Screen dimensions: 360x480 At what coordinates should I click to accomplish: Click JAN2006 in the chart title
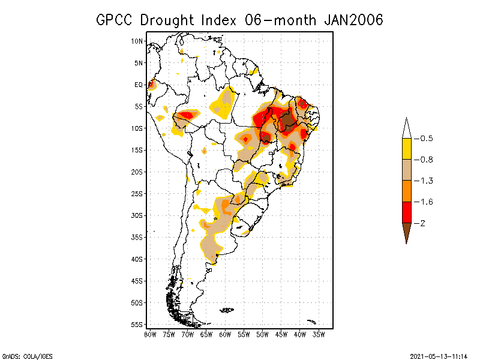pos(353,20)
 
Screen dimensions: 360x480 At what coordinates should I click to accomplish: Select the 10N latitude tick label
pos(137,41)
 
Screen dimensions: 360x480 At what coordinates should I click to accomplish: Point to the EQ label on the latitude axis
pos(139,85)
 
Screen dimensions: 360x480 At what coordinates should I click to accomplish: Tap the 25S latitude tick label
pos(137,194)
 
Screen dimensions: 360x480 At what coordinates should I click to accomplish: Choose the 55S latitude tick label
pos(137,325)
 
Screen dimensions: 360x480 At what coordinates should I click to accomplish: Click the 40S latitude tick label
pos(137,259)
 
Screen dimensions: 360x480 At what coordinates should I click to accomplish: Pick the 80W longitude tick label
pos(150,334)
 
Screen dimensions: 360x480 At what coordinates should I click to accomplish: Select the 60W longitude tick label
pos(225,334)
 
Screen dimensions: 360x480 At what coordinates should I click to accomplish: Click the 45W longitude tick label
pos(281,334)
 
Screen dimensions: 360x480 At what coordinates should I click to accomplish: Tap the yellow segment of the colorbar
pos(406,149)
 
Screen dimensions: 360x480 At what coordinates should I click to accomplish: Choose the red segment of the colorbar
pos(406,212)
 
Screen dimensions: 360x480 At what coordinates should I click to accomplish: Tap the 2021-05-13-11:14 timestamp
pos(438,355)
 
